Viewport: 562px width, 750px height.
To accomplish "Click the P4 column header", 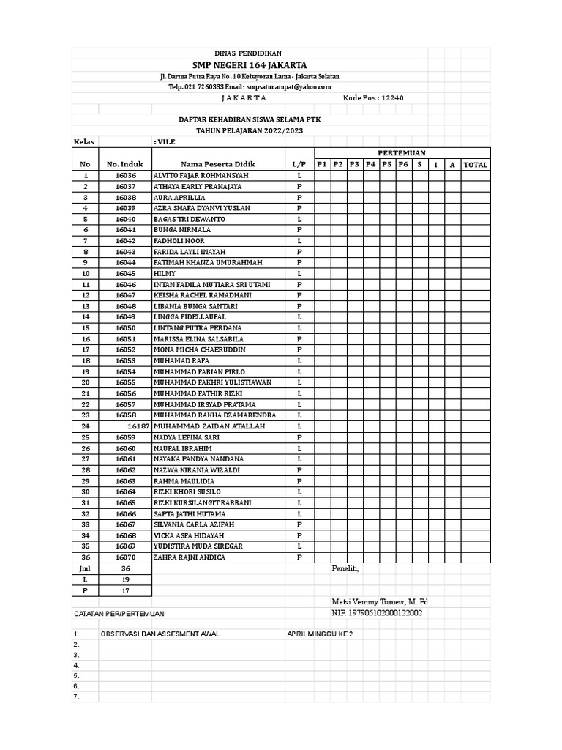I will [x=370, y=165].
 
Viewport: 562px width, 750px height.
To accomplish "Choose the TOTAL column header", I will [x=475, y=165].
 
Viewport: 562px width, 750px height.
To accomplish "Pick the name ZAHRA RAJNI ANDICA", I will [x=189, y=557].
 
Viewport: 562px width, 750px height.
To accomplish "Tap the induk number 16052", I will [x=126, y=350].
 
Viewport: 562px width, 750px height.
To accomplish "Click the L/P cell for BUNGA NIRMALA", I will [x=299, y=230].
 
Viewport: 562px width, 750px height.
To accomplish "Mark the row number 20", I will [x=86, y=382].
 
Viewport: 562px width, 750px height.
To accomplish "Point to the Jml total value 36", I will [x=126, y=568].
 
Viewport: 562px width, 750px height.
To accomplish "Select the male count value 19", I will [x=126, y=579].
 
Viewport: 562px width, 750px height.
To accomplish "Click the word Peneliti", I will [x=345, y=568].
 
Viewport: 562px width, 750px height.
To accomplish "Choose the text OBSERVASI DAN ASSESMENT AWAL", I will [x=160, y=634].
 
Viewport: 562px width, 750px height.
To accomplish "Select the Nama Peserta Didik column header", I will [x=217, y=165].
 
